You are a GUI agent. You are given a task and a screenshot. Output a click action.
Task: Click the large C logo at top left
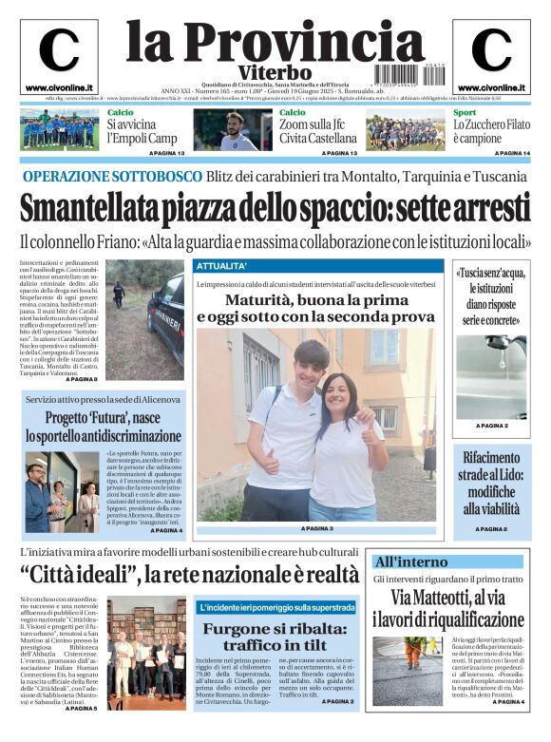59,50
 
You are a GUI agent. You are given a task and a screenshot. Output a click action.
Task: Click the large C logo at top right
491,50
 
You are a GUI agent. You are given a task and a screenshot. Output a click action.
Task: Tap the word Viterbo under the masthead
275,72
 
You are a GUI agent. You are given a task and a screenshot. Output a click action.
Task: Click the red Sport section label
465,113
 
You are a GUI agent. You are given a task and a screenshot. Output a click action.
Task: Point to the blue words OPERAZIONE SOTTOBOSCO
112,177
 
